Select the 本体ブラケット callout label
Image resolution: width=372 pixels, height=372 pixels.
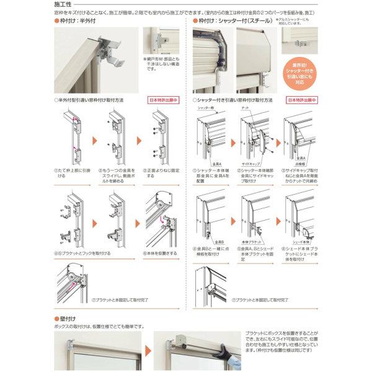click(x=252, y=237)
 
